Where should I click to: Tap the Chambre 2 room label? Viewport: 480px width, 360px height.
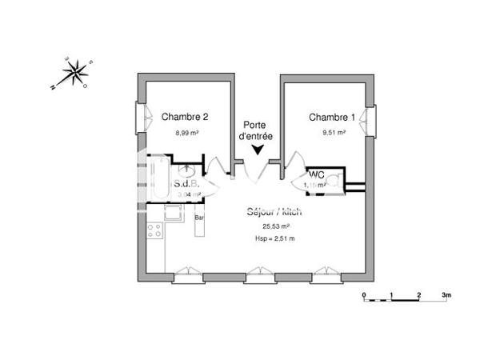(185, 117)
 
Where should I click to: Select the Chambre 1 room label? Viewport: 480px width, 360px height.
(332, 117)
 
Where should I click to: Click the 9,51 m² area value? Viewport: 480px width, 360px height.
(332, 133)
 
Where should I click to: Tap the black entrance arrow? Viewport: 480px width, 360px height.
(258, 149)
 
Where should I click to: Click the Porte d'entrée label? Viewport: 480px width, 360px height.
(258, 131)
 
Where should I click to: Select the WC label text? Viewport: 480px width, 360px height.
(315, 174)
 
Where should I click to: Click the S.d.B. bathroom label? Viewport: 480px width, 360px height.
(186, 183)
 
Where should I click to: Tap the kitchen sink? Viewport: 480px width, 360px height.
(171, 213)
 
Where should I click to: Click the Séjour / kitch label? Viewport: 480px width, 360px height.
(274, 213)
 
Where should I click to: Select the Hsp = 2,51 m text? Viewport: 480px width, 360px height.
(274, 238)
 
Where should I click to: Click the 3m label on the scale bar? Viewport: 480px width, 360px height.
(446, 294)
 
